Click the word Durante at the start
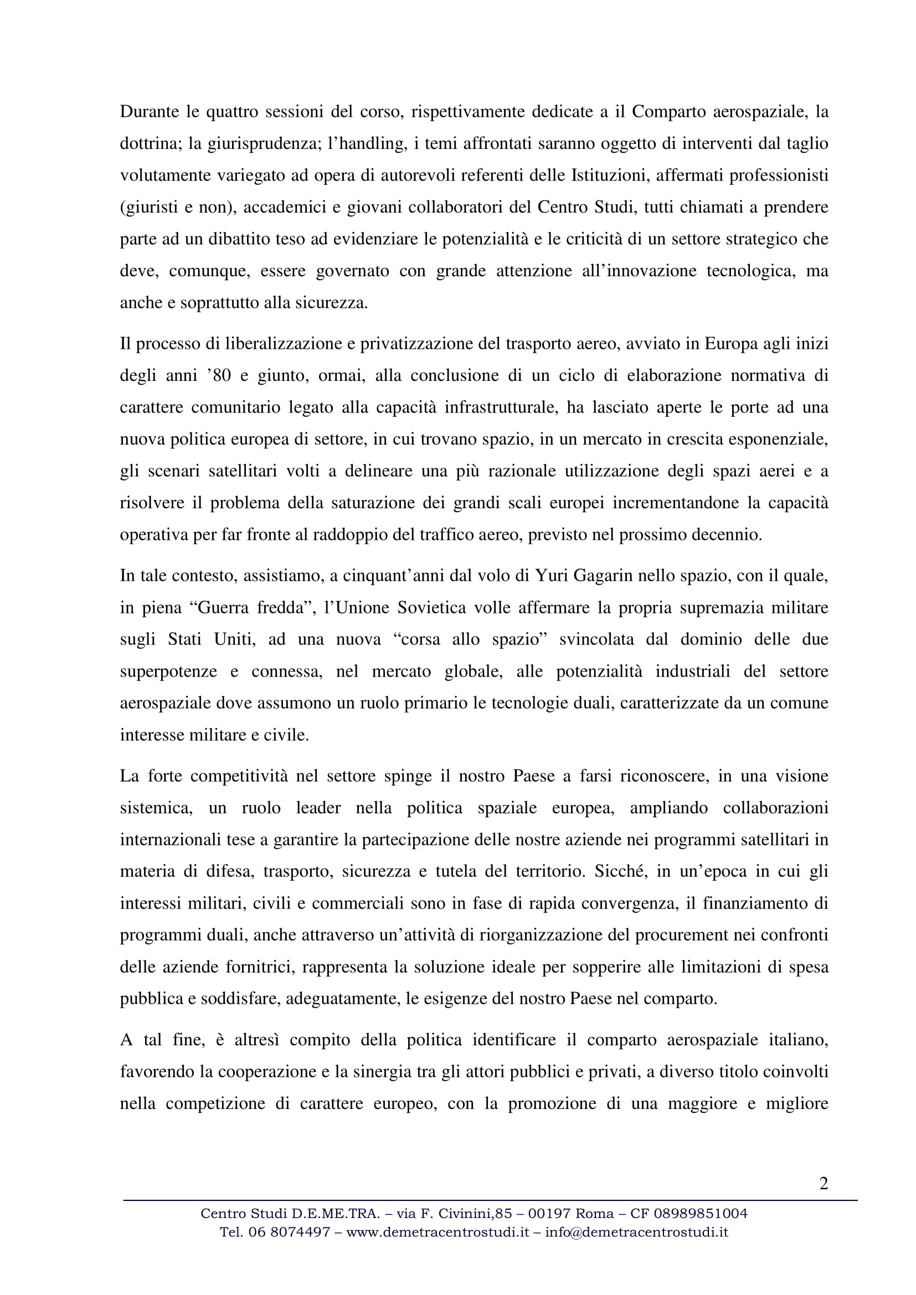(x=148, y=112)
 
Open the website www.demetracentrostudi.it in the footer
(x=438, y=1232)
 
